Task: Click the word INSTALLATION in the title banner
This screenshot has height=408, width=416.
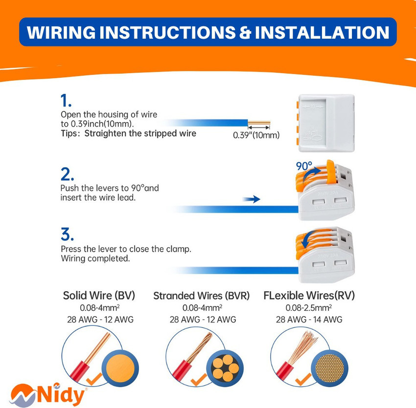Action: coord(322,32)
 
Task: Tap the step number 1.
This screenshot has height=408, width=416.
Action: coord(66,101)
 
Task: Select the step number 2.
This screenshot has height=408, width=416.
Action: coord(67,174)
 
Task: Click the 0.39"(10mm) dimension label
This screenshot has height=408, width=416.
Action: coord(256,135)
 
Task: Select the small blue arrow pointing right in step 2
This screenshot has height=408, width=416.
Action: coord(252,199)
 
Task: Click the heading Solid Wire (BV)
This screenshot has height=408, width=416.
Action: coord(99,296)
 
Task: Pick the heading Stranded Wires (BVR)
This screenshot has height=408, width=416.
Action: coord(201,296)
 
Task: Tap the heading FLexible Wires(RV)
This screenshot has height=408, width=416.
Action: coord(309,296)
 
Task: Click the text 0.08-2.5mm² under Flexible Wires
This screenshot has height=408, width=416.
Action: coord(308,308)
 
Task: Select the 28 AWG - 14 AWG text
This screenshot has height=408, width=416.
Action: coord(308,320)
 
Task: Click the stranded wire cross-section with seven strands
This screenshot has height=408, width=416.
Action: coord(223,366)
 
